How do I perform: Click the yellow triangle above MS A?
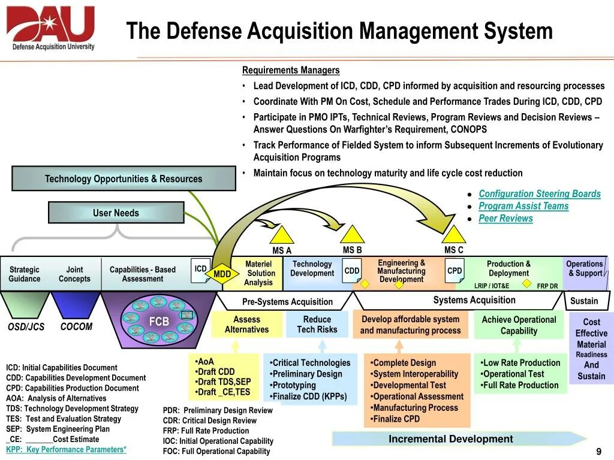click(x=282, y=235)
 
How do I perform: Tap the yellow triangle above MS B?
click(x=352, y=234)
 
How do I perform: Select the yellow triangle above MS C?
click(x=453, y=234)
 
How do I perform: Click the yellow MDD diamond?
click(x=222, y=274)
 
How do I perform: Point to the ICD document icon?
click(x=201, y=269)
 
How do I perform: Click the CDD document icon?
click(x=352, y=271)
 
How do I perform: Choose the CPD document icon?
click(x=455, y=271)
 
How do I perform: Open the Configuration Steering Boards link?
click(x=539, y=193)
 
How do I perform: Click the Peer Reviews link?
click(x=505, y=218)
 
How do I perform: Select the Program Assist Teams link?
click(x=523, y=206)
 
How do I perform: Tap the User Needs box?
click(x=116, y=213)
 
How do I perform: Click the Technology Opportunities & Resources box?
click(x=124, y=178)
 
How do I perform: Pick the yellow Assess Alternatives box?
click(x=246, y=325)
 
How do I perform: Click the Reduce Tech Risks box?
click(x=317, y=325)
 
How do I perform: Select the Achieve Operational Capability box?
click(x=519, y=325)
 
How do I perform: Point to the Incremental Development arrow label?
click(x=450, y=439)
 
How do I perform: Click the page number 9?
click(x=598, y=451)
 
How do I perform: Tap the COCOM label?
click(x=76, y=327)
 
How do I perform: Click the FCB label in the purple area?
click(x=159, y=322)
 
